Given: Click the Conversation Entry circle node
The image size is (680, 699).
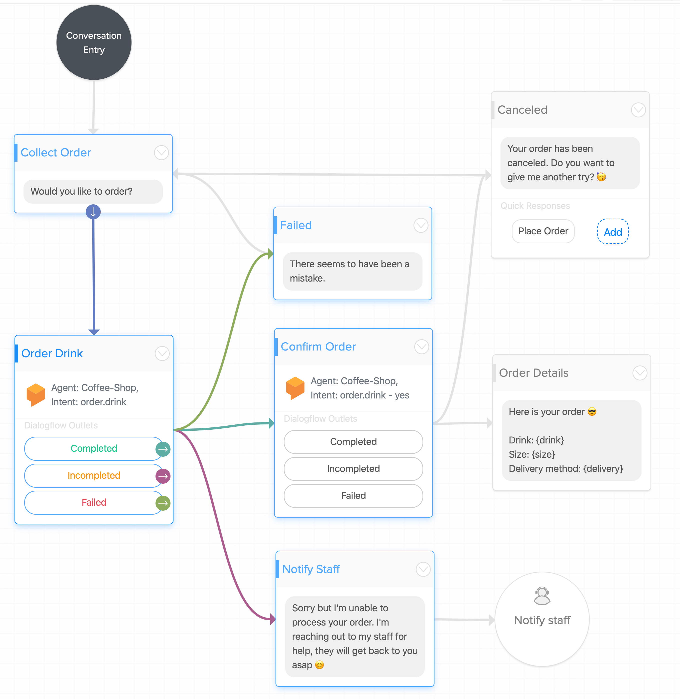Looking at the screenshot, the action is point(94,42).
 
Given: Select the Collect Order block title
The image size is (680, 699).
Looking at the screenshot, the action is point(56,153).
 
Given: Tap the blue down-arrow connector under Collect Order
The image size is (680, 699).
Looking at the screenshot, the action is point(93,212).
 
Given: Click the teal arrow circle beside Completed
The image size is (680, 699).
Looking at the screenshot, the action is point(163,449).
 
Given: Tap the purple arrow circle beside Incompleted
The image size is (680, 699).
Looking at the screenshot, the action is point(163,476).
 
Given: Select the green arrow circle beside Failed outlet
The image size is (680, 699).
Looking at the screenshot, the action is point(163,503).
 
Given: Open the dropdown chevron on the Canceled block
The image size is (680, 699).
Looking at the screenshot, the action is point(638,110).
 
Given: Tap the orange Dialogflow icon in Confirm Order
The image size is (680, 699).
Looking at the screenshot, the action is point(295,388).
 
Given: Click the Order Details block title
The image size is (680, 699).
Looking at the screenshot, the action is point(533,373).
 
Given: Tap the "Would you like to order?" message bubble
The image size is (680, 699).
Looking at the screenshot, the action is point(93,192).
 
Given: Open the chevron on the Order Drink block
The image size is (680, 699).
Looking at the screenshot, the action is point(162,353).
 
